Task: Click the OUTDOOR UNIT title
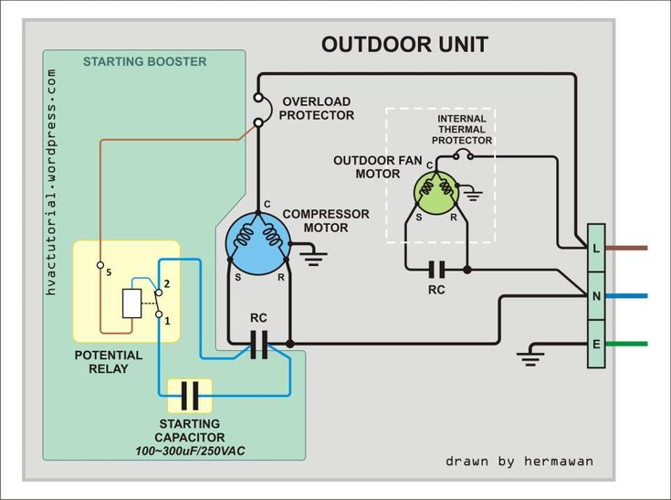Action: click(x=404, y=45)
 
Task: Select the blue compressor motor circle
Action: click(x=258, y=243)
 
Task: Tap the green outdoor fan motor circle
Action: click(x=436, y=192)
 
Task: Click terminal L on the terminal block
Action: click(x=596, y=248)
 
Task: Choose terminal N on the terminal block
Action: click(x=596, y=295)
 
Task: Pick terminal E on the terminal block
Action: click(x=596, y=344)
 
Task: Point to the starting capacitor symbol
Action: click(x=190, y=396)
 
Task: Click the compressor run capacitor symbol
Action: click(x=259, y=344)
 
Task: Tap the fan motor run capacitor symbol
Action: click(x=436, y=270)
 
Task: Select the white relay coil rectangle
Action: click(x=131, y=303)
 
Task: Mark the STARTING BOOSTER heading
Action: click(x=144, y=61)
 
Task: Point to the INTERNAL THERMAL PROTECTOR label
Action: click(x=462, y=130)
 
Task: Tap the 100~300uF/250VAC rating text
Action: click(x=190, y=452)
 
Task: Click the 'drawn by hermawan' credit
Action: click(x=519, y=462)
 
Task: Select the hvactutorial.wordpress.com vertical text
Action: click(x=51, y=182)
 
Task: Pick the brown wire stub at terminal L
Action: click(x=626, y=248)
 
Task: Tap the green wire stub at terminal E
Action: click(x=626, y=344)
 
